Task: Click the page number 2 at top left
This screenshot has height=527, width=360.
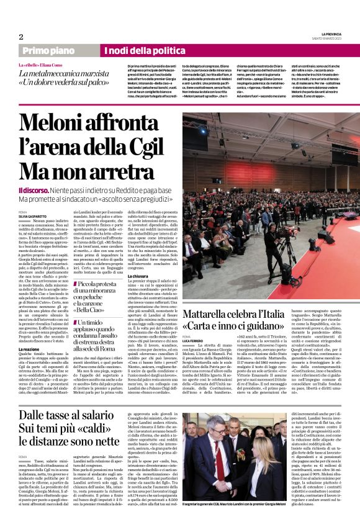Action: tap(20, 37)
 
